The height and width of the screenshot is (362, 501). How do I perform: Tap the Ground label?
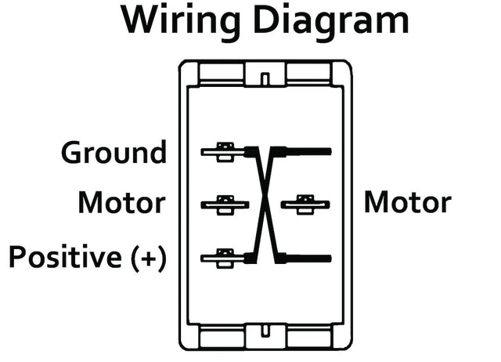[x=114, y=152]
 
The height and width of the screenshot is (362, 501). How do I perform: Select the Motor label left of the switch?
[x=121, y=204]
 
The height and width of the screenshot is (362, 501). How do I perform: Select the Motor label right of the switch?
[x=407, y=204]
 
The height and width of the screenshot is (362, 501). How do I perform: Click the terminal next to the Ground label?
[x=225, y=151]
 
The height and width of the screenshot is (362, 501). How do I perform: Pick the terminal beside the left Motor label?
[x=225, y=205]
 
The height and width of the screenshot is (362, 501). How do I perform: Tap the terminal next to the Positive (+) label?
[x=225, y=257]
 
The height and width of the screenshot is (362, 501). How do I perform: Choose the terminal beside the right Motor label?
[x=305, y=205]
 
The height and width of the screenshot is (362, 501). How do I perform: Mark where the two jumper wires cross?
[x=265, y=205]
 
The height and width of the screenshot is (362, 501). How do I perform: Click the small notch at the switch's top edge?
[x=265, y=78]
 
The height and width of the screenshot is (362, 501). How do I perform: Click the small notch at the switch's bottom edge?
[x=265, y=332]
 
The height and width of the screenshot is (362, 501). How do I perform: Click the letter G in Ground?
[x=72, y=152]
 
